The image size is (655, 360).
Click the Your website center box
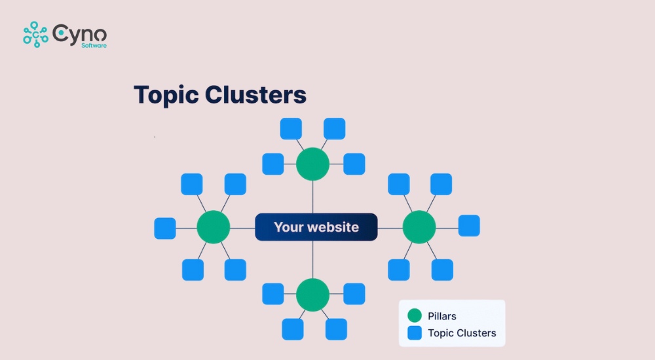[316, 227]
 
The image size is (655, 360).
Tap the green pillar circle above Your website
[312, 164]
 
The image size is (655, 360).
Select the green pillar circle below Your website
[312, 295]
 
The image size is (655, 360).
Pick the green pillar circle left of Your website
[213, 227]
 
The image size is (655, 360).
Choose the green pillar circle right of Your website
[419, 227]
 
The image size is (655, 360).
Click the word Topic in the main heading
[166, 95]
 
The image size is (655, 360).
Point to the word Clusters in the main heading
[255, 95]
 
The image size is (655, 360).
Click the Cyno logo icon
[35, 34]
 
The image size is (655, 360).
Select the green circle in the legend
[414, 316]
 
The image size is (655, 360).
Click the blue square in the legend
[414, 333]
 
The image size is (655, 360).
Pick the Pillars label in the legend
[442, 316]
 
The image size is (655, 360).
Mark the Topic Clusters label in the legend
[462, 333]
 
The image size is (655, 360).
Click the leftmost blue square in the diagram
[165, 228]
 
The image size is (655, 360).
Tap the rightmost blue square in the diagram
[469, 226]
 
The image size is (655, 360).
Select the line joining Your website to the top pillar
[312, 196]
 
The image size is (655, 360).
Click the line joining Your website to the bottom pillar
[312, 259]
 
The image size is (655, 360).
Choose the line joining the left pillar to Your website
[242, 228]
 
